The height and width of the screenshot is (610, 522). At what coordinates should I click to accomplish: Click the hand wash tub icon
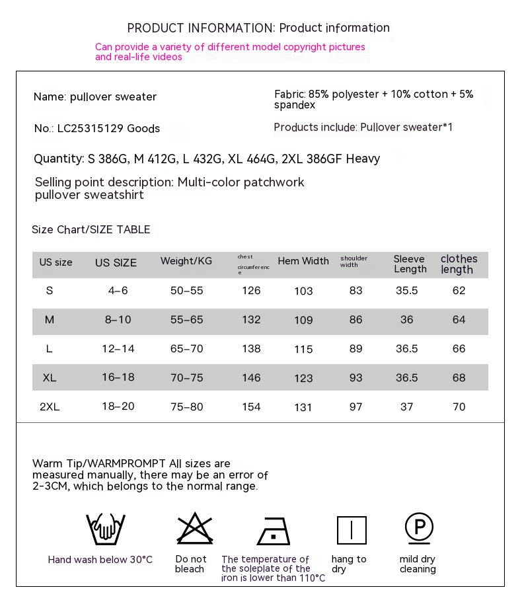point(106,529)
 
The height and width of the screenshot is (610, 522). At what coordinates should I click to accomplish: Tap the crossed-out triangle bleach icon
point(195,529)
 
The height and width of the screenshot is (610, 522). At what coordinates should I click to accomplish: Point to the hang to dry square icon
point(352,530)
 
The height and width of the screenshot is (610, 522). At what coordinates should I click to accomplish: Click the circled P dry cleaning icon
point(419,527)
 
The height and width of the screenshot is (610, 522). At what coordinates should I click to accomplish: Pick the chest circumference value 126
point(251,291)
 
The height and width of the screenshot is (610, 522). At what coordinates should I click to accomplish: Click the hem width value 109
point(303,321)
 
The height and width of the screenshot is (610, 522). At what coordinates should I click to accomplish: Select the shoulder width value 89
point(356,349)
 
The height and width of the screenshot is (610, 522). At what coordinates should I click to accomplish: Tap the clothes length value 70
point(459,407)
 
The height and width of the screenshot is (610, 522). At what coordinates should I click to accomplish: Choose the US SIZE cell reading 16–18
point(118,377)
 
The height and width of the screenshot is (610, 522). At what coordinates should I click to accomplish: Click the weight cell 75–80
point(187,407)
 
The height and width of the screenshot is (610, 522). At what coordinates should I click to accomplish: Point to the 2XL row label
point(50,407)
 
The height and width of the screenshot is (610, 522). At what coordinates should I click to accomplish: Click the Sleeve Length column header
point(410,264)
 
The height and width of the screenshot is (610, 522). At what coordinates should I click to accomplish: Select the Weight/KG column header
point(186,261)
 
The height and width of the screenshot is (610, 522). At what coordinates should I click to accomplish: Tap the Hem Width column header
point(303,261)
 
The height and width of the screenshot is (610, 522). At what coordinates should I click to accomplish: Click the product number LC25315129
point(91,129)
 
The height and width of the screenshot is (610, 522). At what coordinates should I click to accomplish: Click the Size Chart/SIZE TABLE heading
point(91,230)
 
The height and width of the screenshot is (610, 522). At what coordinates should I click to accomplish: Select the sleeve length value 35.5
point(406,291)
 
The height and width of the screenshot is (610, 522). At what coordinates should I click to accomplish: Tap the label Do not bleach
point(191,564)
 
